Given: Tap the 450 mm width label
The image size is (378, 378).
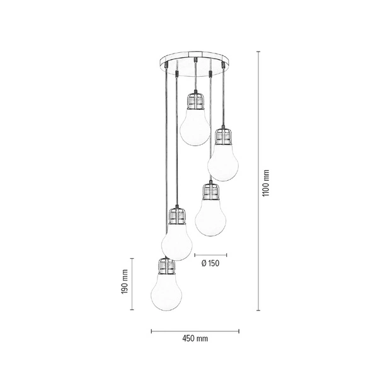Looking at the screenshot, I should [195, 339].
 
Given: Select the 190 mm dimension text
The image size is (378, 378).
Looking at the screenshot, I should [125, 285].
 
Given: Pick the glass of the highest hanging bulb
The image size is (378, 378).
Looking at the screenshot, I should [194, 128].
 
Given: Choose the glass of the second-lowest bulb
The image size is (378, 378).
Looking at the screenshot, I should [177, 242].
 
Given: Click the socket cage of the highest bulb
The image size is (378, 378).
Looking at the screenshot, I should [195, 101].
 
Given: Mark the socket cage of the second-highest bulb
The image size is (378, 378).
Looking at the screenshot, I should [221, 136].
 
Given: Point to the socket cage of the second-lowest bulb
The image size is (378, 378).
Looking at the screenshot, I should [176, 217].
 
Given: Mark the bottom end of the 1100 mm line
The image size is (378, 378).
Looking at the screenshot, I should [258, 310].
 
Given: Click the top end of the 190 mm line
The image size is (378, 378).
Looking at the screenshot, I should [132, 259].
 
